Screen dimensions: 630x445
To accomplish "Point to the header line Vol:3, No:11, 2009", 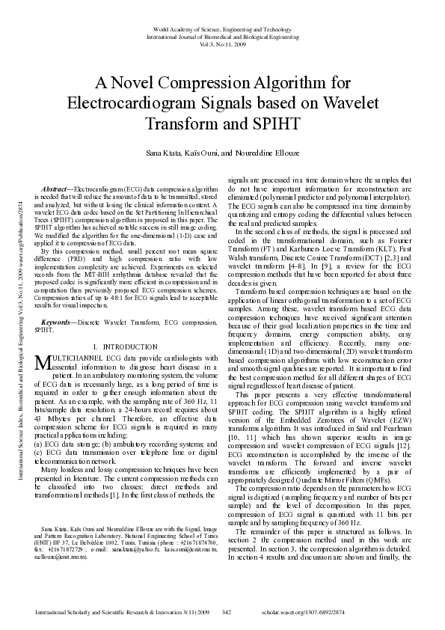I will (x=222, y=44).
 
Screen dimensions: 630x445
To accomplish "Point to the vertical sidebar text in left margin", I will (x=10, y=314).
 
